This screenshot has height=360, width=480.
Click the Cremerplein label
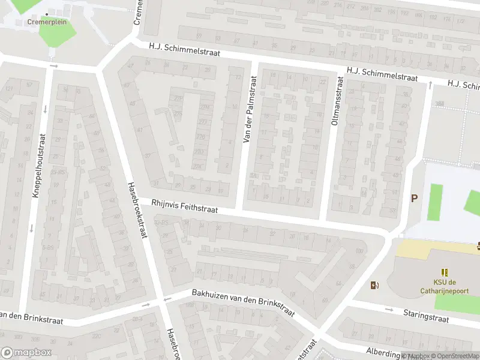[47, 22]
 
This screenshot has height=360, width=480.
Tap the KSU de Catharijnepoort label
[445, 287]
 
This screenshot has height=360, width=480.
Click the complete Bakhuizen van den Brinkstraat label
[243, 304]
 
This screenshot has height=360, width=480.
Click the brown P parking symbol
[413, 198]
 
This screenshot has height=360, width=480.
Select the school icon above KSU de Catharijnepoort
[445, 272]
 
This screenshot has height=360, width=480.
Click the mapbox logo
[26, 353]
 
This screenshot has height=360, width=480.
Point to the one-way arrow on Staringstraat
[389, 310]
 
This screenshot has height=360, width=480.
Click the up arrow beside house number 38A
[430, 86]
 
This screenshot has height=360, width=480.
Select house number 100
[359, 251]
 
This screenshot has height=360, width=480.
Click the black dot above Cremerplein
[47, 14]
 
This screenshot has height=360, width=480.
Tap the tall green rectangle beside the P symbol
[436, 202]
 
